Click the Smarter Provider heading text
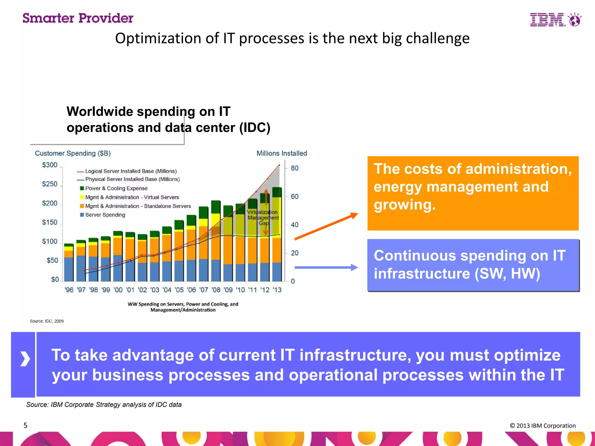[x=78, y=18]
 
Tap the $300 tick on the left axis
[x=50, y=165]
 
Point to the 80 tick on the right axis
[x=295, y=168]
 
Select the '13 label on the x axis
[x=277, y=290]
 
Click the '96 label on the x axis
[x=69, y=290]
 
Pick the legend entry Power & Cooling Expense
[x=116, y=188]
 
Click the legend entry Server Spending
[x=105, y=215]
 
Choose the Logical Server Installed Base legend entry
[x=131, y=171]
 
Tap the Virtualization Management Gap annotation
[x=263, y=217]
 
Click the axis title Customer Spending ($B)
[x=73, y=153]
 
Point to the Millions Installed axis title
[x=282, y=153]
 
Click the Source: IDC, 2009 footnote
[x=46, y=321]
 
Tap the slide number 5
[x=25, y=425]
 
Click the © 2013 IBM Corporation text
[x=542, y=426]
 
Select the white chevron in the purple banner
[x=25, y=359]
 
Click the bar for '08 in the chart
[x=216, y=241]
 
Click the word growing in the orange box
[x=404, y=205]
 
